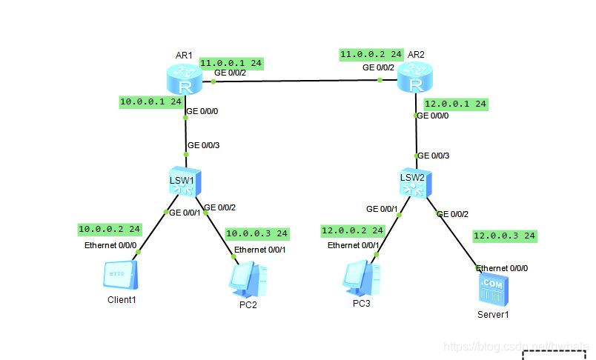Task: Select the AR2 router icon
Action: tap(414, 77)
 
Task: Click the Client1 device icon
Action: tap(122, 277)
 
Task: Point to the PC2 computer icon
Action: tap(248, 280)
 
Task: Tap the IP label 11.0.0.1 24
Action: tap(231, 63)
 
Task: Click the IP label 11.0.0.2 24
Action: tap(371, 54)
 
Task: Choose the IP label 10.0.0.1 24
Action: tap(151, 101)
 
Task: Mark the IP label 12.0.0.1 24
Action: tap(455, 104)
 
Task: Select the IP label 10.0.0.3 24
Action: tap(256, 233)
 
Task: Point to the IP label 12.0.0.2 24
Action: tap(352, 230)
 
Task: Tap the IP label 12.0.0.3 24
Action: tap(504, 236)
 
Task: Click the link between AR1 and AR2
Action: tap(297, 81)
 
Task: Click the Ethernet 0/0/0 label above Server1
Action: tap(502, 267)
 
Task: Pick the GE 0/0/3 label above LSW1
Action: tap(203, 145)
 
